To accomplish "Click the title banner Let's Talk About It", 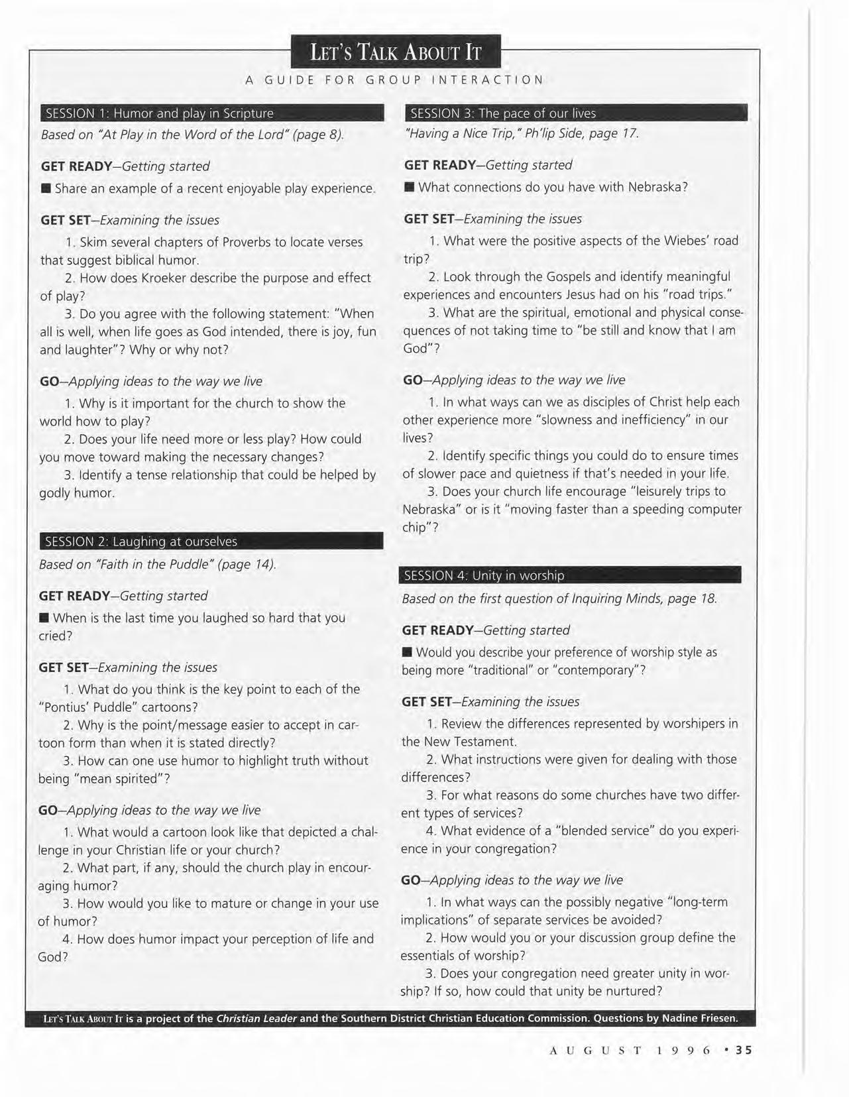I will click(x=395, y=52).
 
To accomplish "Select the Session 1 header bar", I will click(x=212, y=113).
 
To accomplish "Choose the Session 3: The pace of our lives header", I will click(x=575, y=113).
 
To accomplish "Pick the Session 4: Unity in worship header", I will click(x=570, y=575).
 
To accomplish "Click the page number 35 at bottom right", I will click(x=744, y=1050).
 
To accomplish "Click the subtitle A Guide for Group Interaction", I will click(x=394, y=80).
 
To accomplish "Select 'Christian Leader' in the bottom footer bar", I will click(x=256, y=1018).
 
